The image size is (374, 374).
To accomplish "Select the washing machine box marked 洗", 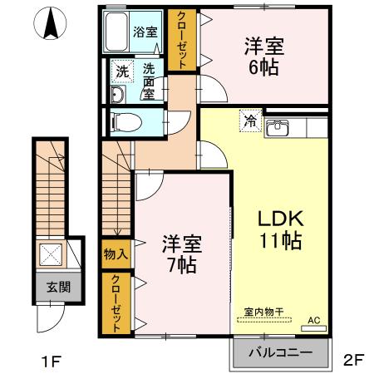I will tap(121, 71).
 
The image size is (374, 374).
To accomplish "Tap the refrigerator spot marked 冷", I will tap(249, 121).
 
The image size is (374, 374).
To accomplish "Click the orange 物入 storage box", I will tap(116, 253).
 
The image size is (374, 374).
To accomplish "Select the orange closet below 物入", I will tap(116, 303).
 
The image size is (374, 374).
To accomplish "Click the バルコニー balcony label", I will tap(281, 353).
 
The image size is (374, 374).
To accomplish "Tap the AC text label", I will tap(314, 319).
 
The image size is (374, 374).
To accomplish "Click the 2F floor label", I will tap(353, 360).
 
